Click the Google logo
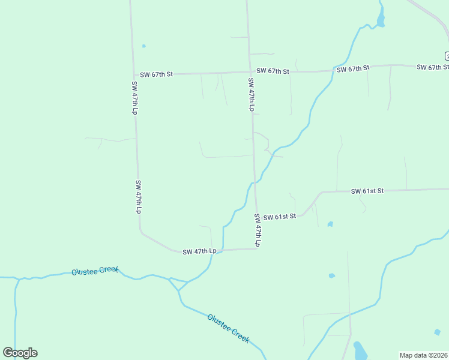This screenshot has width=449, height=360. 20,353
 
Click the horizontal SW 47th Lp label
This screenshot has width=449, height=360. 199,251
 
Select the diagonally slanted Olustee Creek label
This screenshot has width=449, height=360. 228,328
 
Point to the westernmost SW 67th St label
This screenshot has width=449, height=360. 156,74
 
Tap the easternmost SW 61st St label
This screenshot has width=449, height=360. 367,191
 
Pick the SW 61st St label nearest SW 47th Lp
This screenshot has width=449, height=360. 280,216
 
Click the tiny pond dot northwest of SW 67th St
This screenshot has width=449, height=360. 143,46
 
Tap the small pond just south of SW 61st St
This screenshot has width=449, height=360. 330,224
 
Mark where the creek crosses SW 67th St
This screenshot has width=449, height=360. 333,70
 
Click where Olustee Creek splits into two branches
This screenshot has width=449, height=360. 178,290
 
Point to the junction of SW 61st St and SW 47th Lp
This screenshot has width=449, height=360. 256,217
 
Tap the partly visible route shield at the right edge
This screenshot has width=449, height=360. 447,56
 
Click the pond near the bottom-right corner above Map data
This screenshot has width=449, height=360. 437,332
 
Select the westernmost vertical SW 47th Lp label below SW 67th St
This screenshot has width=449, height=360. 134,98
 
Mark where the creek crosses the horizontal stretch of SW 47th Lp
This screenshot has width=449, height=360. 223,250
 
